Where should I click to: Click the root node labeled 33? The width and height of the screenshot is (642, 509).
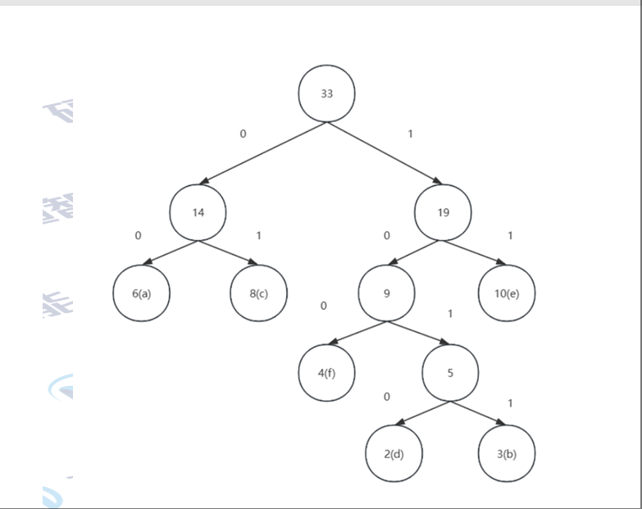[326, 93]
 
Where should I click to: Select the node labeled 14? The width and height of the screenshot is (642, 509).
[198, 212]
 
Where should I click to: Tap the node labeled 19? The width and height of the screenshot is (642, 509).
[444, 212]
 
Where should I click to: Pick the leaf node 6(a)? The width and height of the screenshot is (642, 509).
[141, 293]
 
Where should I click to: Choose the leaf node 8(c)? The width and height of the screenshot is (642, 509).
[259, 293]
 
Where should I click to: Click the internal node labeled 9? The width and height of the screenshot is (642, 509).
[386, 293]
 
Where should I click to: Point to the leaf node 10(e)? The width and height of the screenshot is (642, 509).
[507, 293]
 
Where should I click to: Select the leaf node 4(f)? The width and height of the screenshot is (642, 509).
[326, 374]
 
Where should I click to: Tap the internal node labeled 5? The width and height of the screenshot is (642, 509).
[450, 374]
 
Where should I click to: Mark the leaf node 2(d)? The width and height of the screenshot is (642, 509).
[394, 454]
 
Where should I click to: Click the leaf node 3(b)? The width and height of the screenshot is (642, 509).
[507, 454]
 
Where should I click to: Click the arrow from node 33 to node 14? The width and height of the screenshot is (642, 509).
[262, 153]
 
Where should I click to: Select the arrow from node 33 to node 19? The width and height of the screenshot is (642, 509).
[385, 153]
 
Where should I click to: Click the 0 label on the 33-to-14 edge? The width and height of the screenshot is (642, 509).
[243, 134]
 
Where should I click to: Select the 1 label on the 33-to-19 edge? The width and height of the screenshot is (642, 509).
[411, 134]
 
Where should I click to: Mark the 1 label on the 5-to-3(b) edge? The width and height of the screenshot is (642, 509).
[510, 403]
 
